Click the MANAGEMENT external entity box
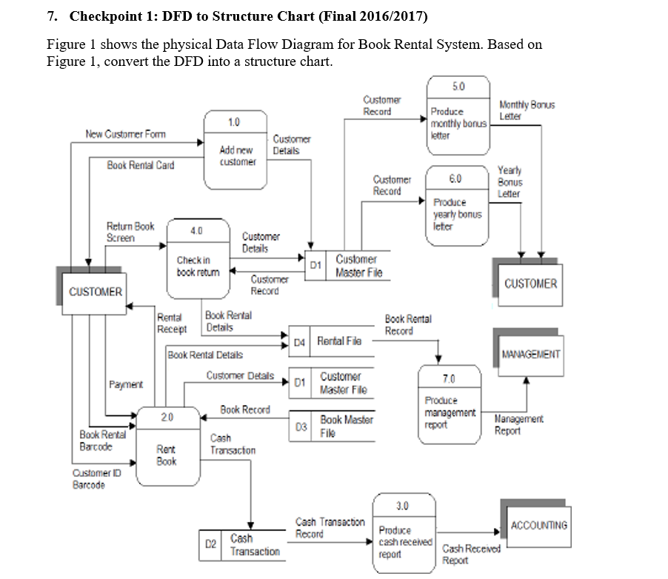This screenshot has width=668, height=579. click(530, 354)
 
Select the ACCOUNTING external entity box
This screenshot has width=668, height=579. click(539, 525)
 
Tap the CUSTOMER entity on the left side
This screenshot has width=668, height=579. click(94, 291)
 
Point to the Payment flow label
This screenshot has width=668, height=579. click(126, 384)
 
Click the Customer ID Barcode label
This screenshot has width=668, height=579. click(89, 479)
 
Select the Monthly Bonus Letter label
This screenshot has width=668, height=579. click(527, 110)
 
